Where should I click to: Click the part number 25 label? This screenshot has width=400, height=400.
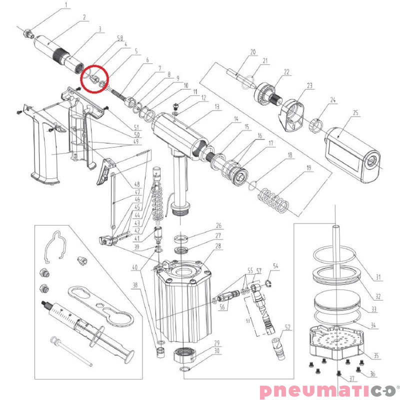[x=355, y=112]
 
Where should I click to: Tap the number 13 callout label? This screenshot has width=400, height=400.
[x=217, y=106]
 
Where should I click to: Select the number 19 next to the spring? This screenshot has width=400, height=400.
[x=309, y=168]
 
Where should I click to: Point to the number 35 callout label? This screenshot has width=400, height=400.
[x=376, y=355]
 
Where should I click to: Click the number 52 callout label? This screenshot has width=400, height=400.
[x=287, y=327]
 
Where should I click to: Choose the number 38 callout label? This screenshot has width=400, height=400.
[x=135, y=284]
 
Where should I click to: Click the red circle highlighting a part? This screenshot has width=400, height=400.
[x=95, y=79]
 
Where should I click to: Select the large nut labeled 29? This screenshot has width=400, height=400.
[x=184, y=355]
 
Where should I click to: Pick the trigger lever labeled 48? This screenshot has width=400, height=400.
[x=106, y=171]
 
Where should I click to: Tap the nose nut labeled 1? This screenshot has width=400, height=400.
[x=28, y=33]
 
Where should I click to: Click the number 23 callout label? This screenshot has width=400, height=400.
[x=309, y=85]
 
